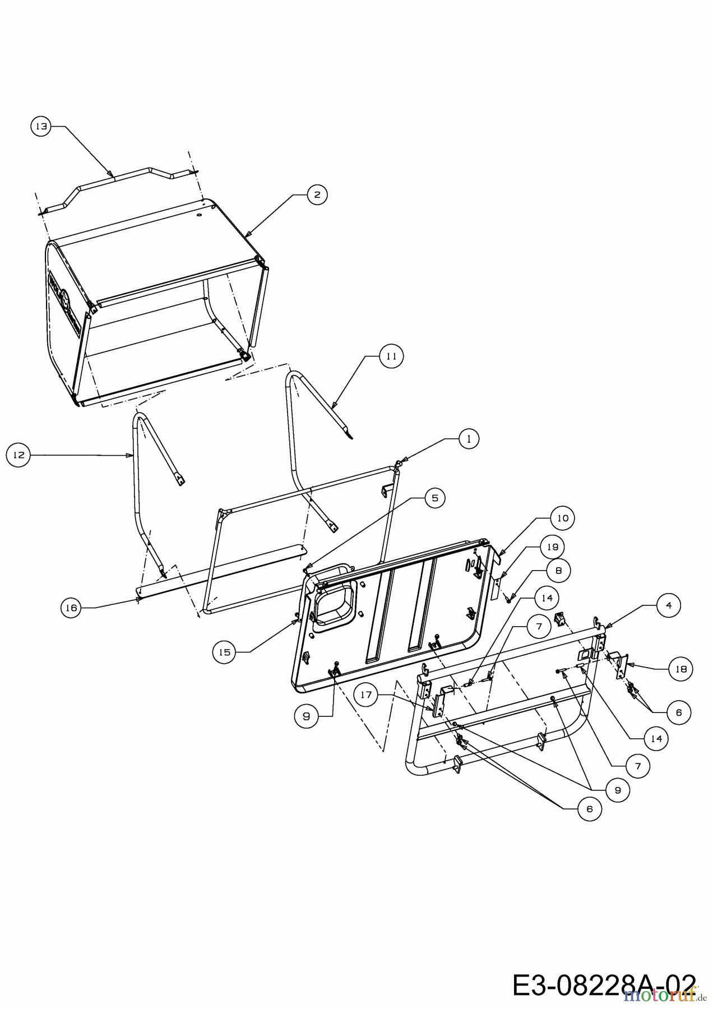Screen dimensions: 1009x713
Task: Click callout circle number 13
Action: point(40,127)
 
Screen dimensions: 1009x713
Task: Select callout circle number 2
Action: point(317,195)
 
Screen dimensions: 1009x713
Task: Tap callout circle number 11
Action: point(391,355)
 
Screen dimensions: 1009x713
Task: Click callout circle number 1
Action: point(469,438)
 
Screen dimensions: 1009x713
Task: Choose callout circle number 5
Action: point(434,497)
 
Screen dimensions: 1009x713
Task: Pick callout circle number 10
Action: point(562,518)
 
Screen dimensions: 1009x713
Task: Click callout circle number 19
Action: point(553,547)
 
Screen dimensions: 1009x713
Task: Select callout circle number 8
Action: point(558,571)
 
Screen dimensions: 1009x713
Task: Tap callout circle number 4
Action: point(669,605)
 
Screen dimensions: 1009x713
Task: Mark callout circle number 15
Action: point(224,652)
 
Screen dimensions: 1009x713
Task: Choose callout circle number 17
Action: point(367,695)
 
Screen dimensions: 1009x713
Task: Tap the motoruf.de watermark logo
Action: point(667,995)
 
